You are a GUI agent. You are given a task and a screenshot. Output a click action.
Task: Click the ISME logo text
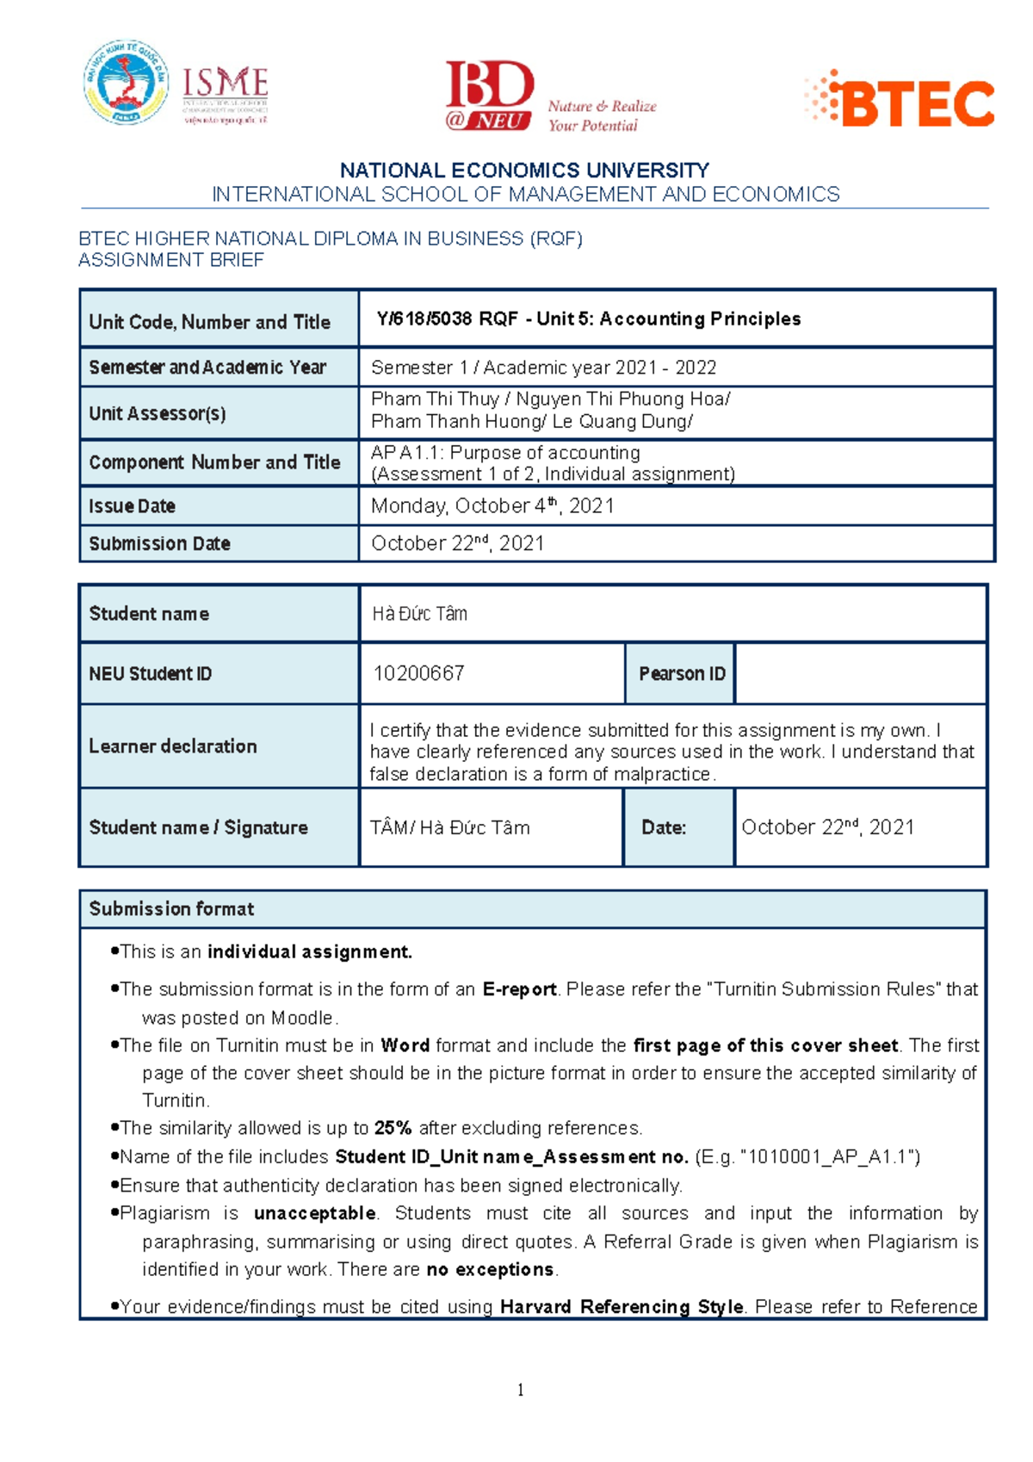225,84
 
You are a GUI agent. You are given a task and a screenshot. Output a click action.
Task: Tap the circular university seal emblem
126,83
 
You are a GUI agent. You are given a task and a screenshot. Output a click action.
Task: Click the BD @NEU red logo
489,95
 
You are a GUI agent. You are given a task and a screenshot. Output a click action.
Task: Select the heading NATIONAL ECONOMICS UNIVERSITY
524,170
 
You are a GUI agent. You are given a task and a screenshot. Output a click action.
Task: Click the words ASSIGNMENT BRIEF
171,260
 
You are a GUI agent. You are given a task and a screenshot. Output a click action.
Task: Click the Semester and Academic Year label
207,368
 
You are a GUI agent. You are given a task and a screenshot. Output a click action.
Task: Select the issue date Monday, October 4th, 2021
492,506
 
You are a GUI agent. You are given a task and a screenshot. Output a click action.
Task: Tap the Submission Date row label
159,544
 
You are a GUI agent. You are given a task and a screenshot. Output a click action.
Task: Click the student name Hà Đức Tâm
419,614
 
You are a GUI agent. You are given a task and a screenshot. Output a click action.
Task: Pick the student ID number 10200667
418,673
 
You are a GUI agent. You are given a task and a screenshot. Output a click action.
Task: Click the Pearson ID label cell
681,674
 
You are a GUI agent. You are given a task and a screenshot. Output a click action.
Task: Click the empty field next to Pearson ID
860,674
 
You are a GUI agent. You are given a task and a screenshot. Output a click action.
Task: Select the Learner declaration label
172,746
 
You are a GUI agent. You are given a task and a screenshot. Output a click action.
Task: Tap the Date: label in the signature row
664,828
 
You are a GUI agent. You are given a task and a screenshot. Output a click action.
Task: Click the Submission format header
171,909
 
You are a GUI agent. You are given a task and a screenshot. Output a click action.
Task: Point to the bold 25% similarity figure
393,1129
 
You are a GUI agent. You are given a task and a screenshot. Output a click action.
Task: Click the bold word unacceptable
315,1214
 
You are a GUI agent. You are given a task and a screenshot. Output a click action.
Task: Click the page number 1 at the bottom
520,1390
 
